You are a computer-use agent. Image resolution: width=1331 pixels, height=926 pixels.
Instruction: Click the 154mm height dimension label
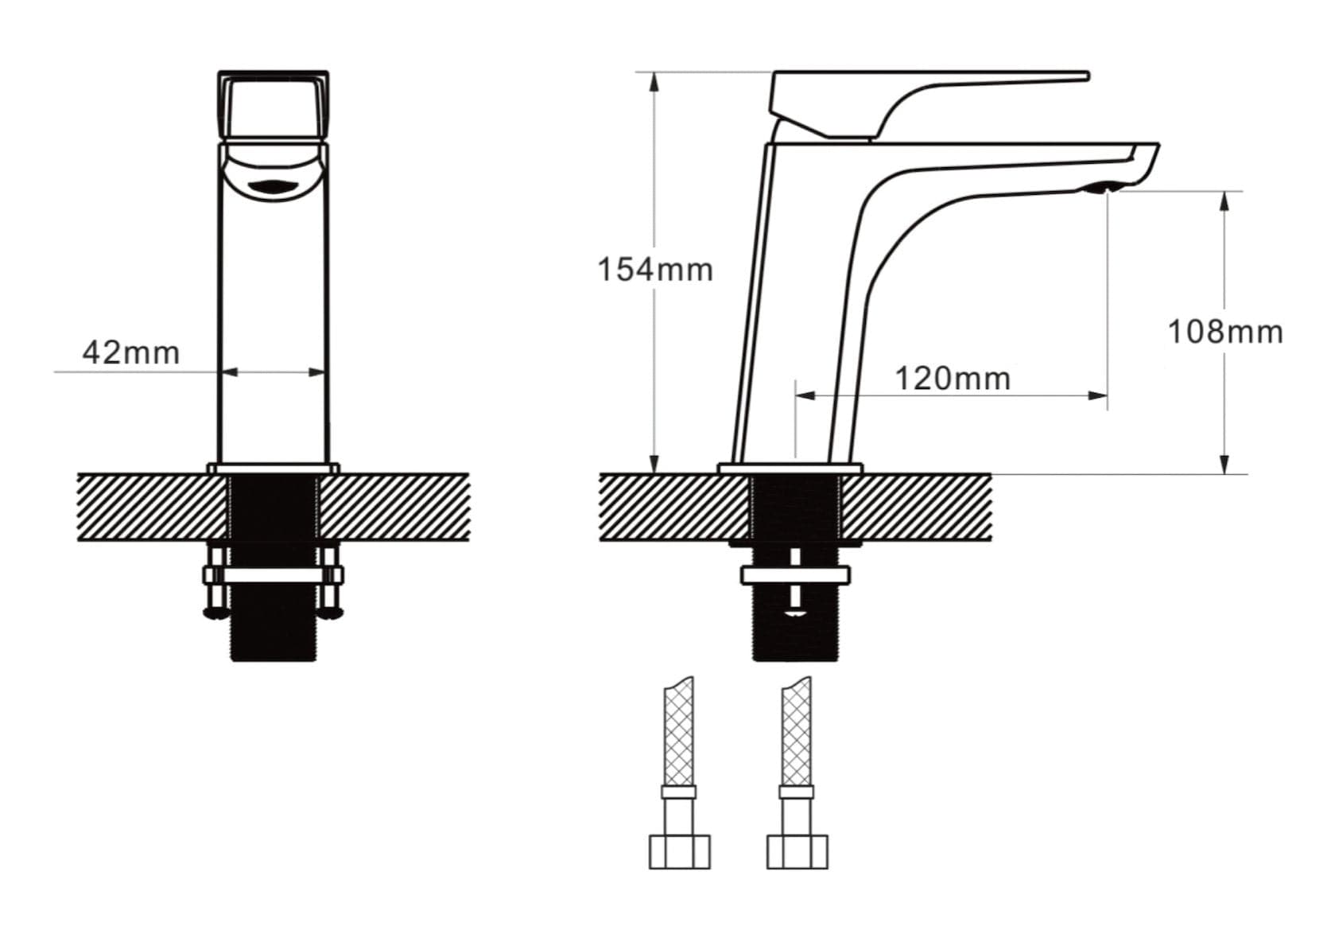(654, 270)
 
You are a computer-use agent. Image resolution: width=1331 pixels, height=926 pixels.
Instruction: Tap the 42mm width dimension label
(131, 352)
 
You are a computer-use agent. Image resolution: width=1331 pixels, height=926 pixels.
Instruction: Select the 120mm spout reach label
(953, 379)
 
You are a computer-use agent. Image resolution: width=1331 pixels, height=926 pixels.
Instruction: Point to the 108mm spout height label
(1224, 332)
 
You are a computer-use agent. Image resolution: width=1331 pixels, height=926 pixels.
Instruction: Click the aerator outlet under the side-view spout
(1102, 189)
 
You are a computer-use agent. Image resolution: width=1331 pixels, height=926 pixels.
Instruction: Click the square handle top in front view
(273, 105)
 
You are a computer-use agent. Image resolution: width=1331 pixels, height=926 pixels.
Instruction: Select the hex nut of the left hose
(679, 850)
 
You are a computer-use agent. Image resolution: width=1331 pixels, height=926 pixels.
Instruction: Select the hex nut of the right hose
(797, 850)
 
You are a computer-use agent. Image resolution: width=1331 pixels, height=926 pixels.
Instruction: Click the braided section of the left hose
(679, 732)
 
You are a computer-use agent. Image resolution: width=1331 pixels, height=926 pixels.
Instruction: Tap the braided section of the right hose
(796, 732)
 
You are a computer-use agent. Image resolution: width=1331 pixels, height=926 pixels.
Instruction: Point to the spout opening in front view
(272, 188)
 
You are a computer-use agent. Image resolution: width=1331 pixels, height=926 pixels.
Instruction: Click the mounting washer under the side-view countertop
(795, 574)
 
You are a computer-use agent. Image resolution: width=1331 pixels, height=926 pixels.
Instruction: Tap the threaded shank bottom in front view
(273, 636)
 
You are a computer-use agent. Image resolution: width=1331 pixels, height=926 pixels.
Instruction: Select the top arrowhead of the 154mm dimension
(654, 80)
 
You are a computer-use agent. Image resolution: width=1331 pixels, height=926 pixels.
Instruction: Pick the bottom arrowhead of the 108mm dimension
(1224, 465)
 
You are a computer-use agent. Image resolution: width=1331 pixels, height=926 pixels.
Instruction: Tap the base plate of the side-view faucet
(790, 468)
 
